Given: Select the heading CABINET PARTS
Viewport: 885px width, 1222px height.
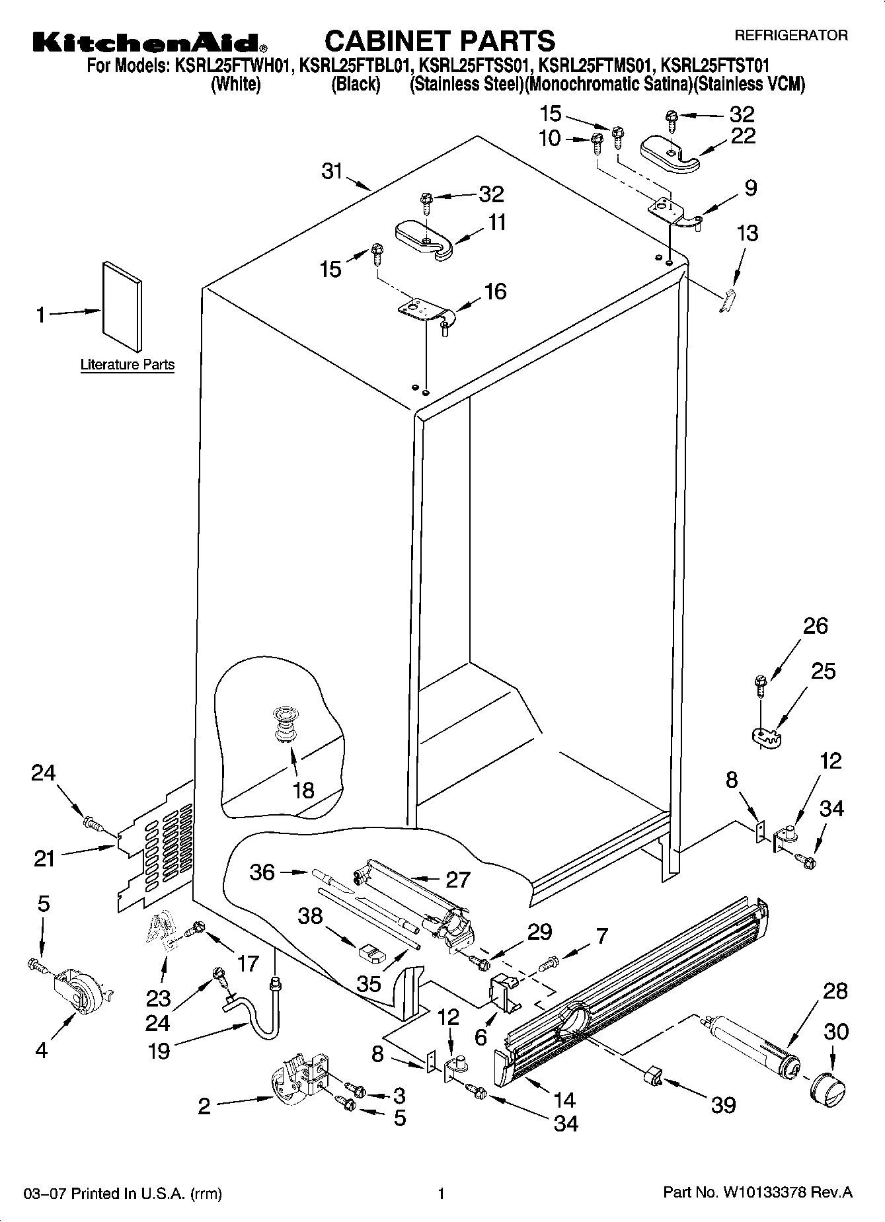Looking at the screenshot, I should point(440,40).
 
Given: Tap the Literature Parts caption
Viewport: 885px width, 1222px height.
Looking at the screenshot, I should point(128,364).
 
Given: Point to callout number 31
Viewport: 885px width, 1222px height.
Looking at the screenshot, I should point(332,171).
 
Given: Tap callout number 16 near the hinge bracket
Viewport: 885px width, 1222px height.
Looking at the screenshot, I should point(495,291).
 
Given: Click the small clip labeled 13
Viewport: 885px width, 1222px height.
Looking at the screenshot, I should point(728,300).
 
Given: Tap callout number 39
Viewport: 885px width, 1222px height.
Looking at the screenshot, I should point(724,1104).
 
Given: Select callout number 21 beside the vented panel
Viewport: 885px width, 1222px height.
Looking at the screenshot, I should point(44,859).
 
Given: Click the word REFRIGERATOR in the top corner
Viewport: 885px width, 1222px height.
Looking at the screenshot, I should point(791,36).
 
